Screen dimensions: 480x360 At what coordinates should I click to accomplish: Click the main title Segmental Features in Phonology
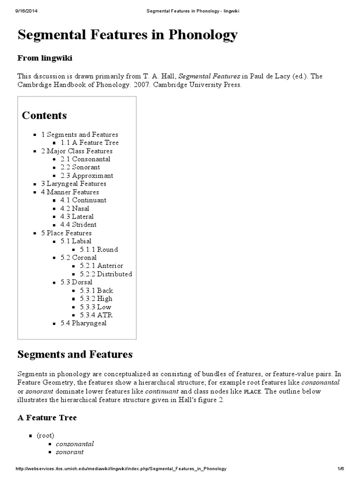click(127, 35)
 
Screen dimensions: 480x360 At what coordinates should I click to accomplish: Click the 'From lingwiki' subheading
click(45, 58)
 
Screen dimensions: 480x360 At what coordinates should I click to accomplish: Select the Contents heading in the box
click(45, 115)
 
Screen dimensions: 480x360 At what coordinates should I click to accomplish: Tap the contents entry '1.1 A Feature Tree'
click(90, 142)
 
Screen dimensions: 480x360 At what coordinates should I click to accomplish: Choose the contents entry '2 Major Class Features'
click(77, 151)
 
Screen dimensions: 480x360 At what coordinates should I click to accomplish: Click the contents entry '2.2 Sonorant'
click(80, 167)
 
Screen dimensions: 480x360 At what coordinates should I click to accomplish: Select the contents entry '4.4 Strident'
click(78, 225)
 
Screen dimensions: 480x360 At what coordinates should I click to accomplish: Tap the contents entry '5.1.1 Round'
click(98, 249)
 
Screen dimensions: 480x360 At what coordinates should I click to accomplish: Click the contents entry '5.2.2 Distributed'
click(105, 274)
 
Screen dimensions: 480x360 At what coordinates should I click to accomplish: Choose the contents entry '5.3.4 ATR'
click(96, 315)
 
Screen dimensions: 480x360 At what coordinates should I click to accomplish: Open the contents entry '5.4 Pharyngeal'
click(83, 323)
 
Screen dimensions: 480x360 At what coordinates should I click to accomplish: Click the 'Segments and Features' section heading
click(75, 354)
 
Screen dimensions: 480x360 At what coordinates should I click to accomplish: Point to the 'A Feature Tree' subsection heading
click(47, 417)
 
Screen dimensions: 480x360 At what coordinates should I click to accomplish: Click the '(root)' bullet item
click(45, 435)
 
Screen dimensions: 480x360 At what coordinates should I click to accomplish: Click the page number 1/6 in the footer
click(340, 469)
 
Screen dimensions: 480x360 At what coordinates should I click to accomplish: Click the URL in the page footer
click(121, 469)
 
